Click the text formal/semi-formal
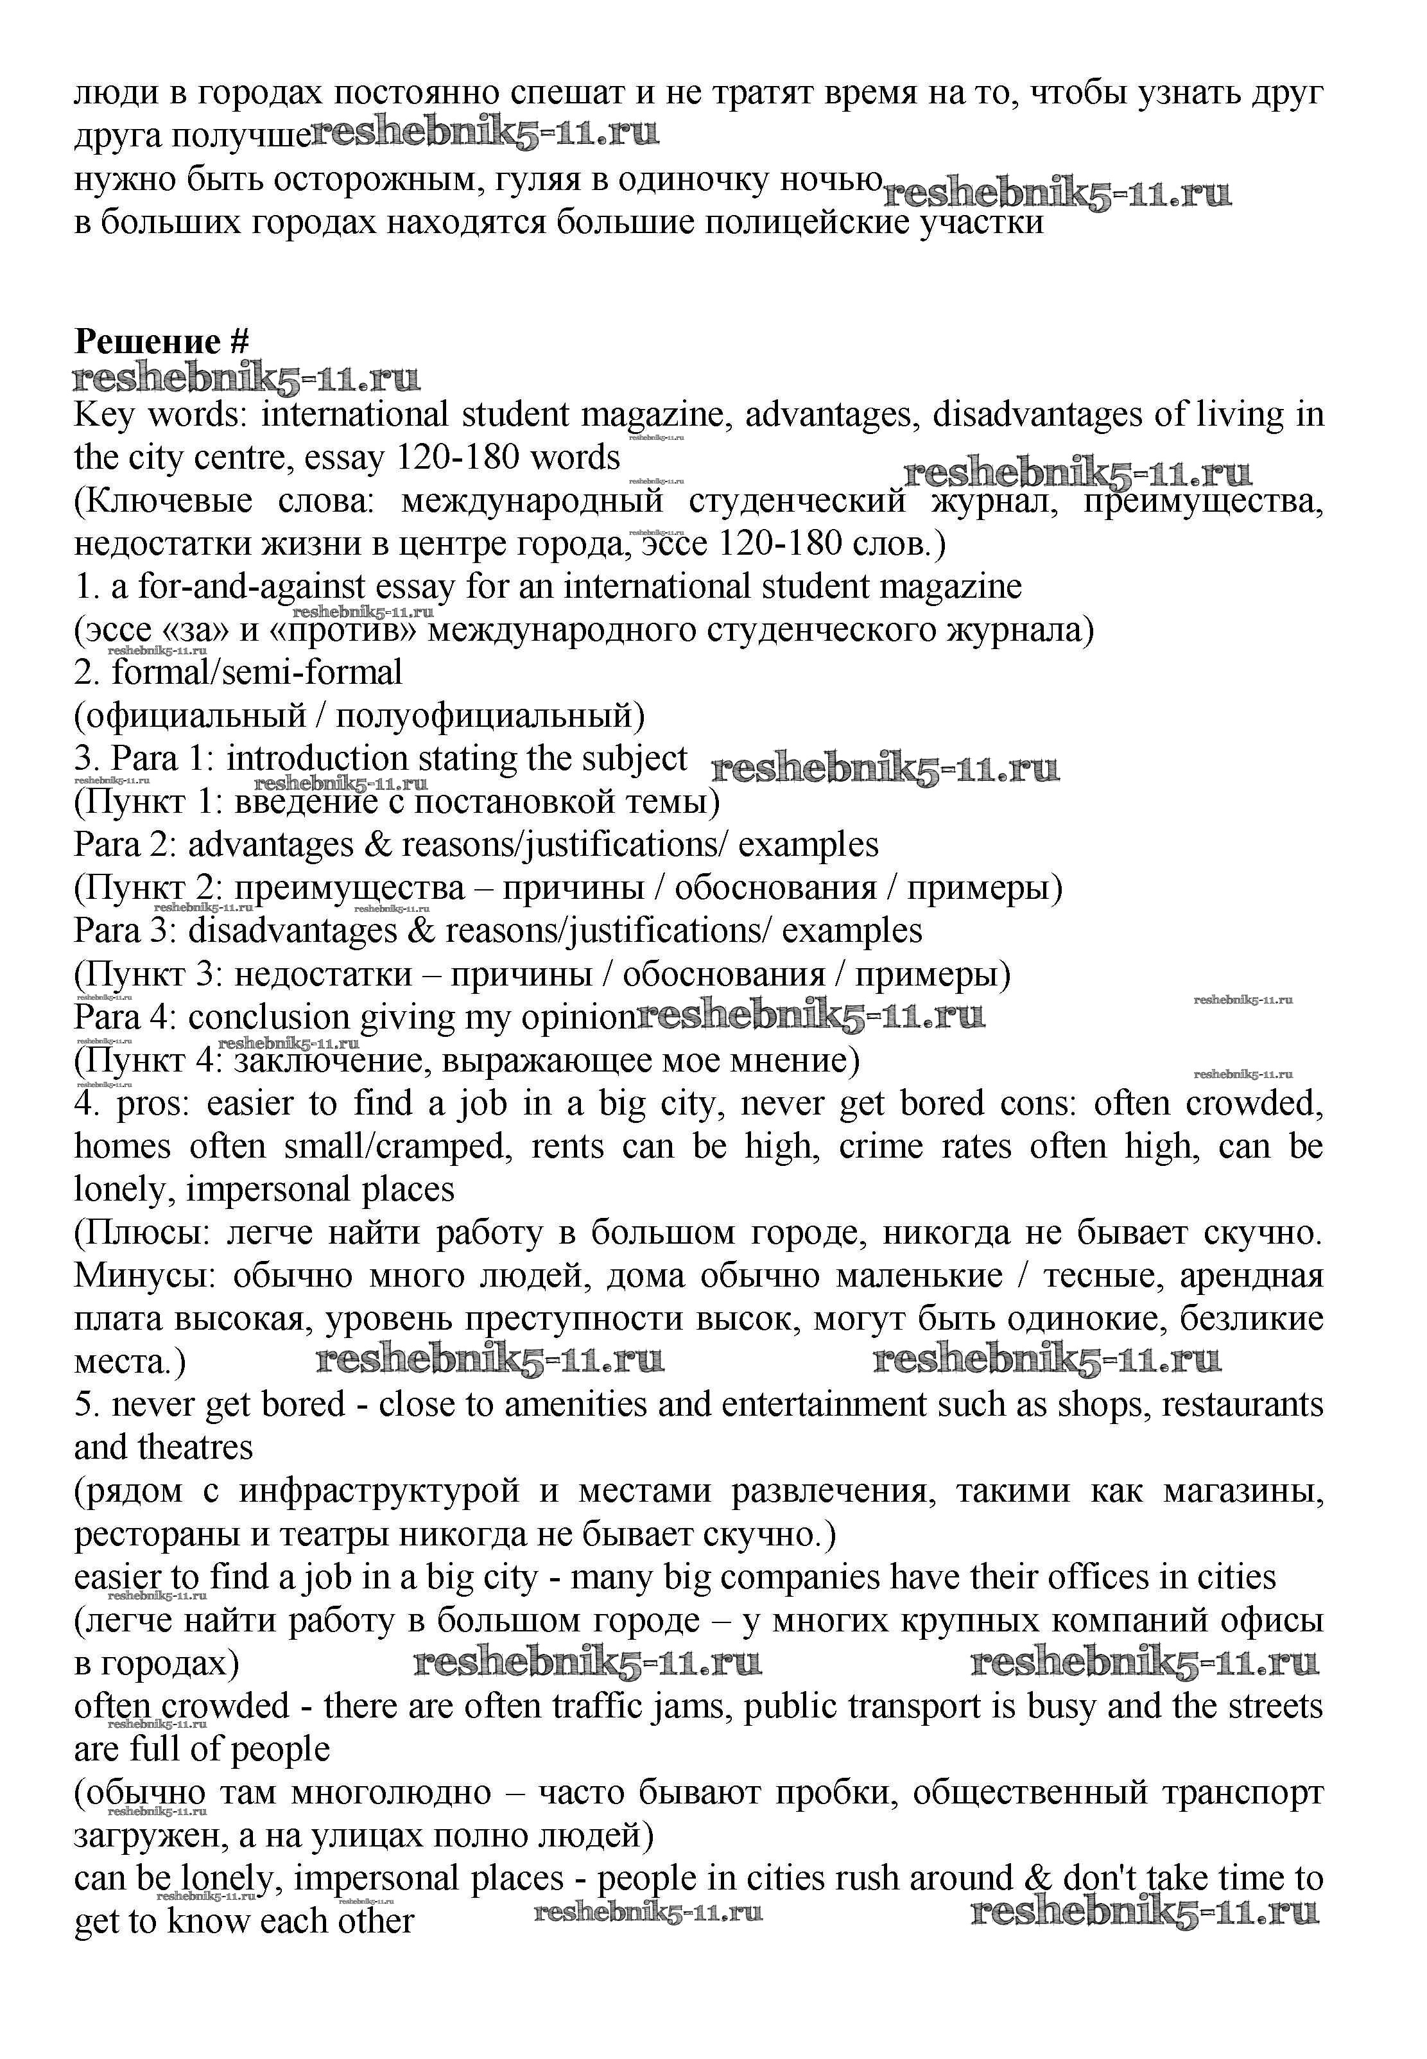point(257,672)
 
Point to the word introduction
point(316,759)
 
